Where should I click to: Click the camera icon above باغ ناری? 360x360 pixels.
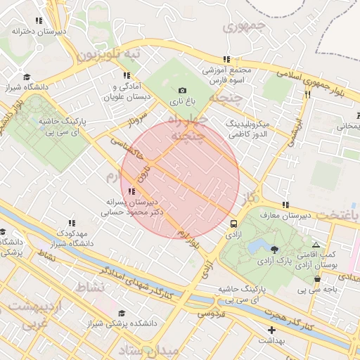coord(183,90)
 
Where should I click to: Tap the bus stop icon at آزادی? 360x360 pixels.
coord(233,224)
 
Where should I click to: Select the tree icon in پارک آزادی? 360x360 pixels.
coord(274,249)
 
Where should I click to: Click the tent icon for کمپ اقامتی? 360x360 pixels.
coord(316,245)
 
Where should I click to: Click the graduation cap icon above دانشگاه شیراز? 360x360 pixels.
coord(27,77)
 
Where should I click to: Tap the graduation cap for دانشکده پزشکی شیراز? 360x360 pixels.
coord(122,314)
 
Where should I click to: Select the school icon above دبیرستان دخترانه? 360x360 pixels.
coord(38,21)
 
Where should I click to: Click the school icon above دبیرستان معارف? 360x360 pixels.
coord(285,205)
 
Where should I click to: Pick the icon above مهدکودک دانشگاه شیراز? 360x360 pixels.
coord(72,223)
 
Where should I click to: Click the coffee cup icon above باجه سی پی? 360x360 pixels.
coord(317,278)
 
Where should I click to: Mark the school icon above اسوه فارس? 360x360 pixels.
coord(226,60)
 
